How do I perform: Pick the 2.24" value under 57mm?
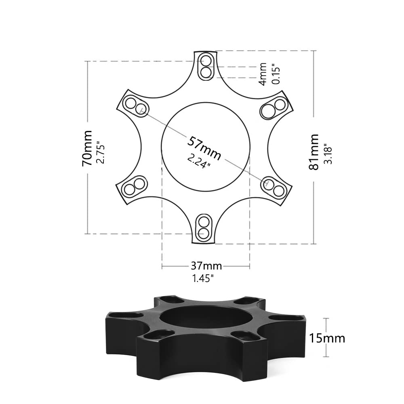coord(199,161)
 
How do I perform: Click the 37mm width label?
coord(206,266)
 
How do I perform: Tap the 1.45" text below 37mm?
coord(203,278)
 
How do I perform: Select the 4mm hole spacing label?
coord(263,74)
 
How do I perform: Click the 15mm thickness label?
coord(327,337)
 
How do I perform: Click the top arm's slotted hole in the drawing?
coord(205,67)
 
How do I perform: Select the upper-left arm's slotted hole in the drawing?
coord(135,105)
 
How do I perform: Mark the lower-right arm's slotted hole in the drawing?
coord(274,187)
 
